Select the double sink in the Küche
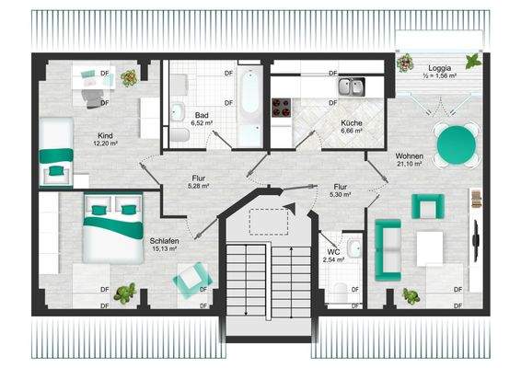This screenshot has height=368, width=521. (x=351, y=87)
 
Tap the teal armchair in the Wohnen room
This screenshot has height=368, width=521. (x=426, y=206)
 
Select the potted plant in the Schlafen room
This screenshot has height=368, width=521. (x=126, y=293)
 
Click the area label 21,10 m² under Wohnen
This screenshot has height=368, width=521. (x=409, y=165)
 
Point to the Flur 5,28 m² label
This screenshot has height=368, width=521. (x=199, y=181)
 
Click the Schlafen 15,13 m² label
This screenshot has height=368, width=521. (x=165, y=244)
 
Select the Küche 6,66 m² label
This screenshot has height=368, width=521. (x=351, y=127)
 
